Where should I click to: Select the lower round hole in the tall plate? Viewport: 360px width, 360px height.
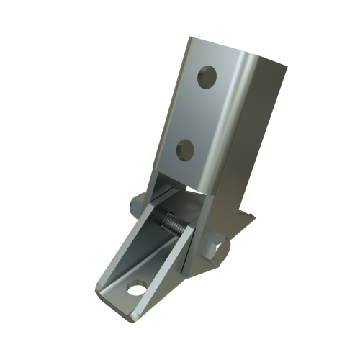[185, 149]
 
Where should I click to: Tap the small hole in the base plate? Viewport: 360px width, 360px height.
[134, 289]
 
